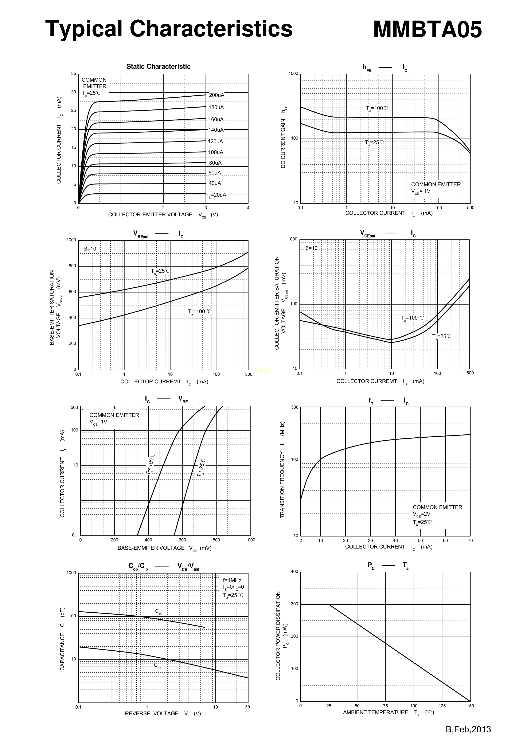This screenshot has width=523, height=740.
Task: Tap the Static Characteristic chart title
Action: click(158, 66)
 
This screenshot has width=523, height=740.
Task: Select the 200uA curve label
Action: click(216, 95)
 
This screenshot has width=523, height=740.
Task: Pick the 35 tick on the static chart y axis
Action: click(74, 73)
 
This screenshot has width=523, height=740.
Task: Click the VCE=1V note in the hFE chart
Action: click(421, 191)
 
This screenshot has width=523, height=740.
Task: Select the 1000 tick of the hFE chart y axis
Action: click(293, 73)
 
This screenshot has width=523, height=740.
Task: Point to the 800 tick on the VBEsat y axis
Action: click(72, 266)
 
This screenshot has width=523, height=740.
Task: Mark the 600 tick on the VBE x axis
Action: click(182, 540)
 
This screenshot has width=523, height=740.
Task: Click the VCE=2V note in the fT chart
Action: click(421, 514)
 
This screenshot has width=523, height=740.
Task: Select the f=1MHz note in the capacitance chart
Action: click(232, 580)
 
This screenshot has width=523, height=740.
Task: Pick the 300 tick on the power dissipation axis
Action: click(294, 604)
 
